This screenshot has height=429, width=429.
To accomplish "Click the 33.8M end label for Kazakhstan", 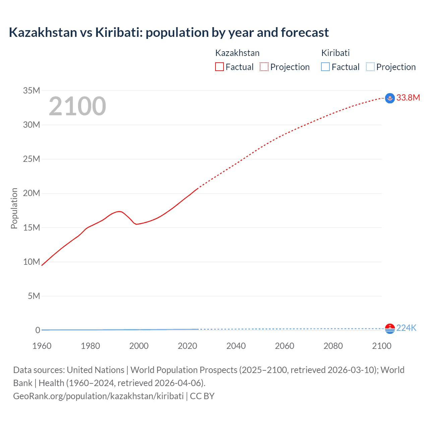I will [x=408, y=98].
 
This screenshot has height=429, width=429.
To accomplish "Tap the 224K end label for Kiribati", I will [x=406, y=328].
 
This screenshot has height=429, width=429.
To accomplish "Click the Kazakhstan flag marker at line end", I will [x=390, y=98].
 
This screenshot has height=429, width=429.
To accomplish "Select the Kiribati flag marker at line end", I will [x=390, y=329].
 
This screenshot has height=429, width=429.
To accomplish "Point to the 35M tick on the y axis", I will [x=32, y=90].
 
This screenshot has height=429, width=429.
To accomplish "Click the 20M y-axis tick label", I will [x=32, y=193].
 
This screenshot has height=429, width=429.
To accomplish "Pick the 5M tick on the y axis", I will [x=34, y=296].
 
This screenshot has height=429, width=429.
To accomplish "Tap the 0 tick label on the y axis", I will [x=38, y=330].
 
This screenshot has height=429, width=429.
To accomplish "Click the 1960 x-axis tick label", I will [x=42, y=346].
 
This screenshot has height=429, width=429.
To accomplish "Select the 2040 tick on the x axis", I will [x=236, y=346].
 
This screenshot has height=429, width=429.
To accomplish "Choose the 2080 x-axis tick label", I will [x=333, y=346].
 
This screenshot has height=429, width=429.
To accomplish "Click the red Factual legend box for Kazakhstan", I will [x=219, y=67].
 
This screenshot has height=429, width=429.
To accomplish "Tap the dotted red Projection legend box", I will [x=264, y=67].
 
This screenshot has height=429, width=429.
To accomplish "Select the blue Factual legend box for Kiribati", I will [x=325, y=67].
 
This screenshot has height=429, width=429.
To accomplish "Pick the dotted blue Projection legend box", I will [x=370, y=67].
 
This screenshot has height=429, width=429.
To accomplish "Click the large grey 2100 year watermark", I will [x=77, y=106].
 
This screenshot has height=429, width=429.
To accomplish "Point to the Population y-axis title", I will [x=14, y=208].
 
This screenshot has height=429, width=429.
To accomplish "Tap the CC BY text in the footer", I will [x=202, y=396].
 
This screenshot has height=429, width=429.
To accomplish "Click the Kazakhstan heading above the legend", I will [x=237, y=53].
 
